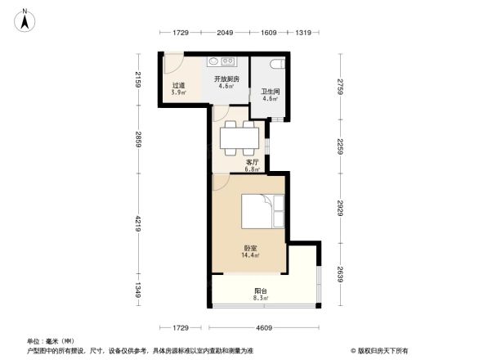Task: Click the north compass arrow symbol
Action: [25, 19]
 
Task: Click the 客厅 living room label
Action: [252, 163]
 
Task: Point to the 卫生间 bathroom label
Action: [271, 92]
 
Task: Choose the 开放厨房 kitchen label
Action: [226, 79]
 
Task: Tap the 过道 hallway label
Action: [177, 86]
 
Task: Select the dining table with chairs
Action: [240, 138]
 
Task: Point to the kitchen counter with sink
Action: [222, 61]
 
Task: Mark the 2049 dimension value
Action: [226, 33]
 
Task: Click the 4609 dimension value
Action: [261, 328]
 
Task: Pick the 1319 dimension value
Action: [302, 33]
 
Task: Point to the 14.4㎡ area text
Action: [250, 255]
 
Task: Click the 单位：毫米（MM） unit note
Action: [51, 340]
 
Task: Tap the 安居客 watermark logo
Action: [380, 349]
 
